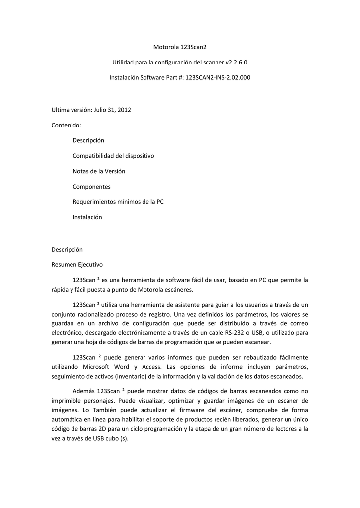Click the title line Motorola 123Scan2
click(180, 47)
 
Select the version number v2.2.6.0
click(237, 63)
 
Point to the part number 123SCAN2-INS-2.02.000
click(218, 78)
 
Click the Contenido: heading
click(66, 125)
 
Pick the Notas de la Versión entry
click(99, 171)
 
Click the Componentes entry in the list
click(91, 187)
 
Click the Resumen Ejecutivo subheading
click(77, 264)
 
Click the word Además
click(84, 391)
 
